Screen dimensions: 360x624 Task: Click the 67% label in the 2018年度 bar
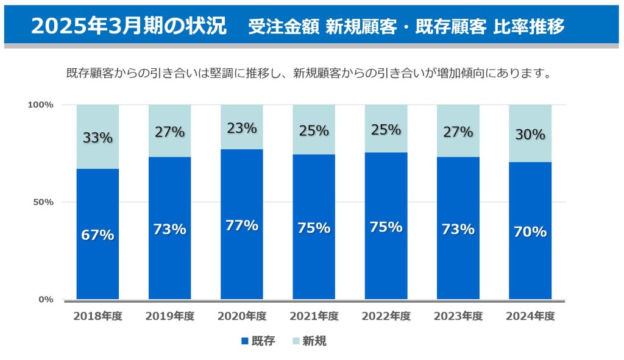tap(97, 235)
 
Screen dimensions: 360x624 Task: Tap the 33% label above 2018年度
tap(97, 138)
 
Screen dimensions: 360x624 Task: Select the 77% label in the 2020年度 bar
tap(242, 225)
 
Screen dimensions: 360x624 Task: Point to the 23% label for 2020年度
tap(242, 129)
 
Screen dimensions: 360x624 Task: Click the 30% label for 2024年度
tap(530, 135)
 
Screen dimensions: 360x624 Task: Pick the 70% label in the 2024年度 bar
tap(530, 231)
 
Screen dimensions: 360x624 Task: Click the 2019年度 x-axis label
tap(169, 316)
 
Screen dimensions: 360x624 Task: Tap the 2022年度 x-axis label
tap(386, 316)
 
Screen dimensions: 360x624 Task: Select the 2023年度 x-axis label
tap(458, 316)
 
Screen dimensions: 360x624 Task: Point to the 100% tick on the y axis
tap(41, 105)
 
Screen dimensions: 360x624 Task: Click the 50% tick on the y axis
tap(43, 202)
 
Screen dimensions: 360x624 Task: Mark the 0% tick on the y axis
tap(46, 299)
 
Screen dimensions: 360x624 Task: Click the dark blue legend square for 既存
tap(245, 341)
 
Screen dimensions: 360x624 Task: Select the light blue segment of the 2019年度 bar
tap(169, 146)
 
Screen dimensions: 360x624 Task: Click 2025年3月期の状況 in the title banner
tap(128, 26)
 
